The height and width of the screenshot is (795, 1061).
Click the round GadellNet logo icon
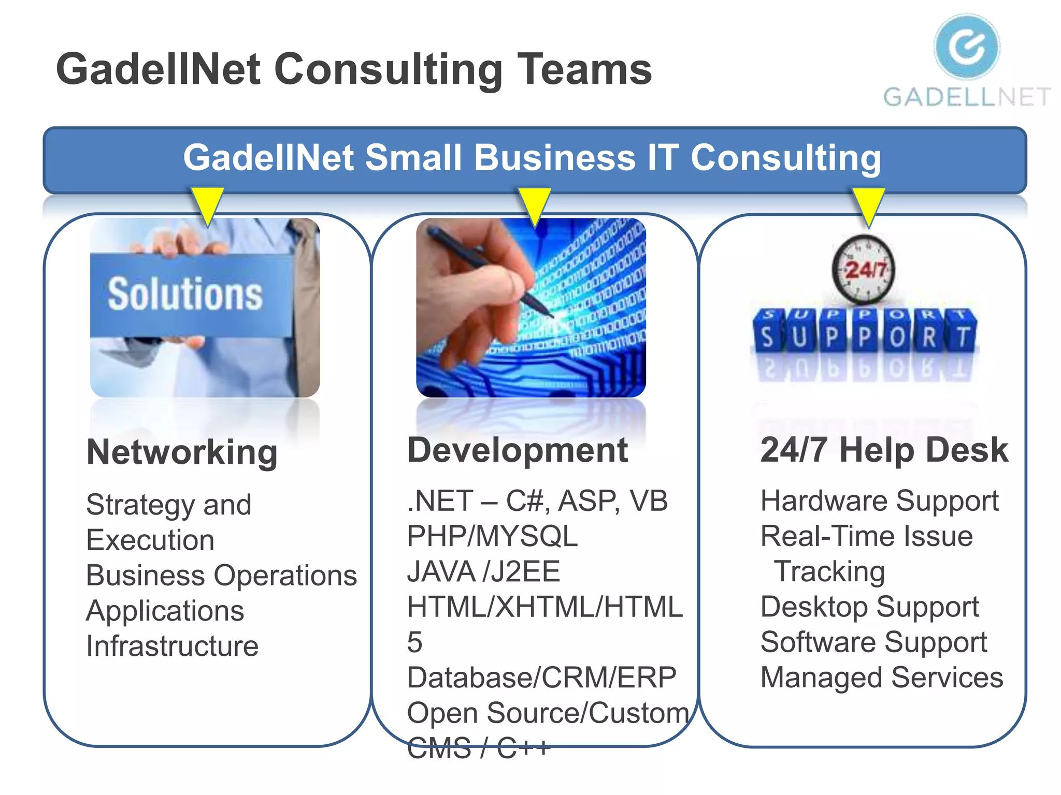pos(967,47)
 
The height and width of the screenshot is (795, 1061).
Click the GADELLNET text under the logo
pos(967,97)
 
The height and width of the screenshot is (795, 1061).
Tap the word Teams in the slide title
pos(585,69)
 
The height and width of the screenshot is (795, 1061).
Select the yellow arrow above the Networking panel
pos(207,205)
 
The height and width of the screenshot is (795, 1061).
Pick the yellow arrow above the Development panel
pos(534,205)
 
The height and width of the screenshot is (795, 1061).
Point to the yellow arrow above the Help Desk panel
pos(868,205)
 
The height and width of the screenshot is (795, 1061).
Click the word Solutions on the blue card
pos(185,294)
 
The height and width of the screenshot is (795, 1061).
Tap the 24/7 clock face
pos(863,269)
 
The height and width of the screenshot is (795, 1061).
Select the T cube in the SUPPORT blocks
pos(962,334)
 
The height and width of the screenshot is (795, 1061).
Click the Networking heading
pos(182,452)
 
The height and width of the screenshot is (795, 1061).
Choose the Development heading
pos(518,450)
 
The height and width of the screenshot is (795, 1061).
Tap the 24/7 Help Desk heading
pos(884,450)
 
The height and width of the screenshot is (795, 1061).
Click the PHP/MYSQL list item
pos(492,536)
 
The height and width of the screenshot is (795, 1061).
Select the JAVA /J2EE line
pos(483,571)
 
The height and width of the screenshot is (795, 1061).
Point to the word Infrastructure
pos(172,646)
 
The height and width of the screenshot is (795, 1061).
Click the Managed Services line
pos(881,678)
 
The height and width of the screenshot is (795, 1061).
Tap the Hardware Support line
pos(879,501)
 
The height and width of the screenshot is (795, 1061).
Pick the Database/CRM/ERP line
pos(541,678)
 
